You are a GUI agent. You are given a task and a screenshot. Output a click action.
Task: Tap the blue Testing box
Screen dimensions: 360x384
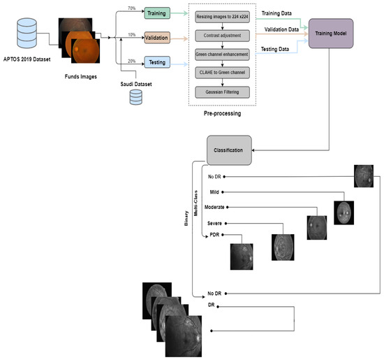(x=156, y=63)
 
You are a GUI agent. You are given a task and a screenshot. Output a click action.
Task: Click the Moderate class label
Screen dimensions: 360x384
(x=219, y=208)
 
